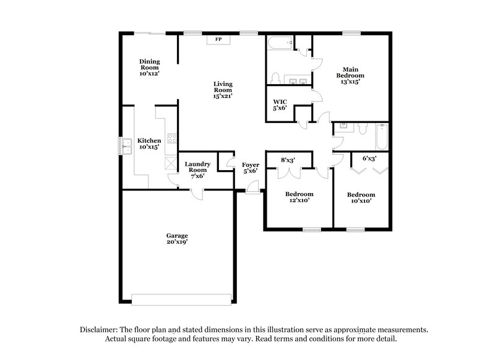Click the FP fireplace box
(x=218, y=40)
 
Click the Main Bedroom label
(x=350, y=74)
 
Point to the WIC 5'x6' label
(x=281, y=106)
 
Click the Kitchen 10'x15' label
(x=149, y=144)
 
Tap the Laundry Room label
(x=198, y=169)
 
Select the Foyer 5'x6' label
(x=250, y=168)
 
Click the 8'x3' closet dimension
(x=288, y=160)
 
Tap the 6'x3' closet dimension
(x=369, y=159)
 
